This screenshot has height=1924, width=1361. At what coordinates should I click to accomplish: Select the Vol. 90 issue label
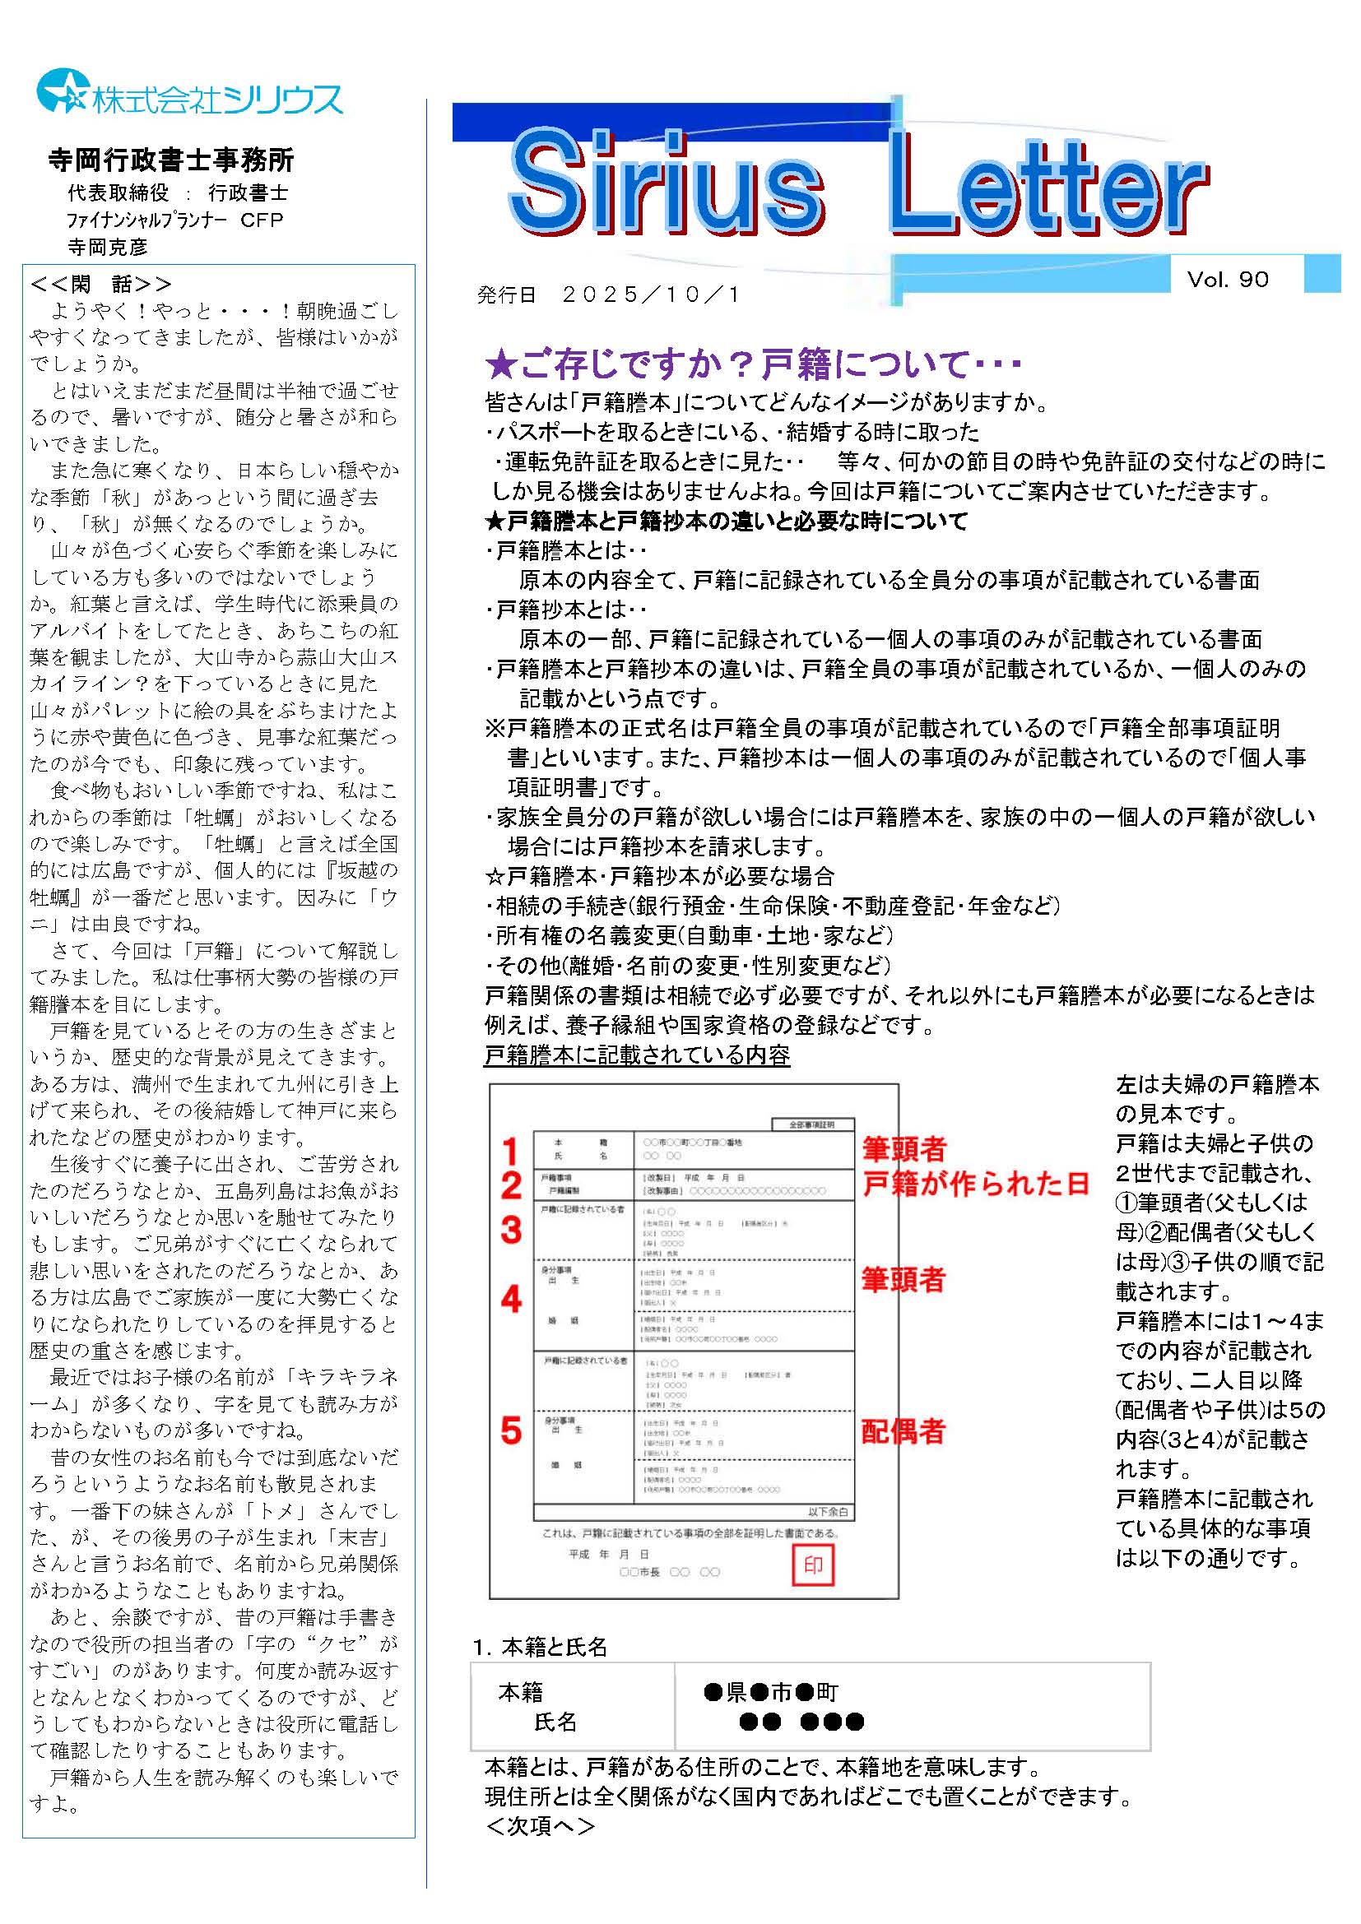pos(1227,280)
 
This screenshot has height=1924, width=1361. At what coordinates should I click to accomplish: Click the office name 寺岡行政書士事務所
pos(171,160)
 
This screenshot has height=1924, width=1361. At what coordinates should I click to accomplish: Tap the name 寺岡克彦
pos(107,248)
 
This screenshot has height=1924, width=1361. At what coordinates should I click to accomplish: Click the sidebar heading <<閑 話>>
pos(100,284)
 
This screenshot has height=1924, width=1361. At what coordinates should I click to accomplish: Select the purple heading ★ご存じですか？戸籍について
pos(754,364)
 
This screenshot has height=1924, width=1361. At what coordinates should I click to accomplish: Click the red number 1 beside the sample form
pos(510,1151)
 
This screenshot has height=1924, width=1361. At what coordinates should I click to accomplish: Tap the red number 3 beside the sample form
pos(511,1230)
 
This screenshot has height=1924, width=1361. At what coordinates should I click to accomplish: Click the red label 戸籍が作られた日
pos(976,1184)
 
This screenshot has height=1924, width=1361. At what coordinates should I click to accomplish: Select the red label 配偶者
pos(903,1432)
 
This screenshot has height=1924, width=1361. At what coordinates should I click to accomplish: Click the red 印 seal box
pos(813,1565)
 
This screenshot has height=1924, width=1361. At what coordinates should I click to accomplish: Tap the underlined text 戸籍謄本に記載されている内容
pos(637,1055)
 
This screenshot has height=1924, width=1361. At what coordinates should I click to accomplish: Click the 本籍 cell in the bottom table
pos(520,1693)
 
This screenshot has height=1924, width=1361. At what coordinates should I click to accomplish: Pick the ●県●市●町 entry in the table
pos(770,1693)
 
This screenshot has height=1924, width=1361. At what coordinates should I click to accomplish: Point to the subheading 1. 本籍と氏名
pos(540,1648)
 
